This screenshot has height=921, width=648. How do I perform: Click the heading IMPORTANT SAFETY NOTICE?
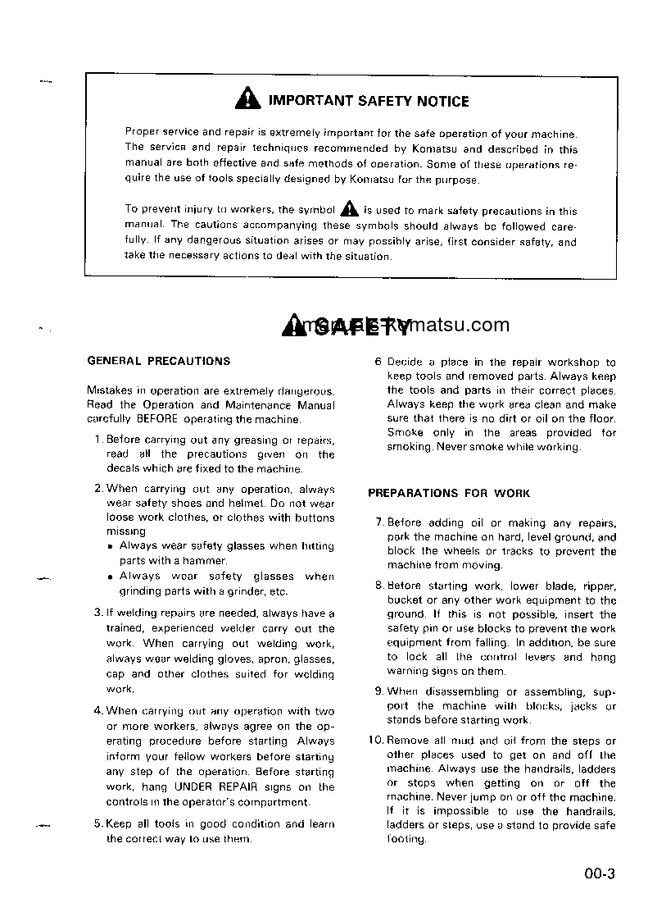point(369,102)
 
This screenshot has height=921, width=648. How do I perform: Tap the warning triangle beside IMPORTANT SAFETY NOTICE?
point(247,101)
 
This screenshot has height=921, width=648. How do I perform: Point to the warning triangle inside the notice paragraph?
point(349,209)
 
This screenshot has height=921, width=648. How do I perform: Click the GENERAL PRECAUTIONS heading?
point(159,361)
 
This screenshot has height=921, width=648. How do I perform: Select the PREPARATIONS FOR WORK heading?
point(449,494)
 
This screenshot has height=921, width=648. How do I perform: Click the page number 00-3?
point(600,874)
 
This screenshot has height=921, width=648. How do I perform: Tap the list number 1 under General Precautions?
point(98,440)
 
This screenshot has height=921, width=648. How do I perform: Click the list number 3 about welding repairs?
point(98,613)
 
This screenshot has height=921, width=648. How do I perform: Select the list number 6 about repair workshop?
point(378,362)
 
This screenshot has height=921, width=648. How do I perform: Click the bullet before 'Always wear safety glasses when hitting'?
point(110,546)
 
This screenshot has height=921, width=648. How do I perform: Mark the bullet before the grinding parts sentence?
point(110,577)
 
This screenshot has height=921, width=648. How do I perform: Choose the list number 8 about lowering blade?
point(379,586)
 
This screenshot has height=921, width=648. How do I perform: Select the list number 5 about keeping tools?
point(98,824)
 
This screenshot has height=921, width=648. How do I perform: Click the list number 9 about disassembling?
point(379,691)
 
